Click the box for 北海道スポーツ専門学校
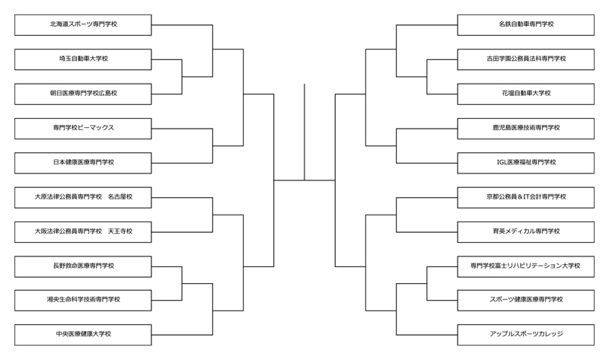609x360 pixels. tap(83, 24)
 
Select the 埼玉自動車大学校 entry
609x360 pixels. tap(83, 59)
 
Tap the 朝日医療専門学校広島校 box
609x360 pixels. tap(83, 94)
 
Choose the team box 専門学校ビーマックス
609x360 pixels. tap(83, 128)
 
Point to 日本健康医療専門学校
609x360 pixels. tap(83, 162)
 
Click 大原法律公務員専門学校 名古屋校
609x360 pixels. tap(83, 197)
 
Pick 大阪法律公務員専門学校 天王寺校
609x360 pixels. tap(83, 231)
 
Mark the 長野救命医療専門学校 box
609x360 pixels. tap(83, 266)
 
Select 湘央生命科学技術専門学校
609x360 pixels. tap(83, 300)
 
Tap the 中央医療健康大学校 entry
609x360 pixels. tap(83, 334)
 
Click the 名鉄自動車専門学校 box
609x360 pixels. tap(525, 24)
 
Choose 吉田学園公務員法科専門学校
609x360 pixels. tap(525, 59)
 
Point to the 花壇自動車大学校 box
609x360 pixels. tap(525, 94)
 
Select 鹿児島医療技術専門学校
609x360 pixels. tap(525, 128)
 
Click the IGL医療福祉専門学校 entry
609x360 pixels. tap(525, 162)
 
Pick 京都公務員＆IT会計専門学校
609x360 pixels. tap(525, 197)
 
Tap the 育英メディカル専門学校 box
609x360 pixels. tap(525, 231)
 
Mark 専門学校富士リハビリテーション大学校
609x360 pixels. tap(525, 266)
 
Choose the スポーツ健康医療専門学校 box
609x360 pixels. tap(525, 300)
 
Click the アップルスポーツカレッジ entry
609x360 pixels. tap(525, 334)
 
